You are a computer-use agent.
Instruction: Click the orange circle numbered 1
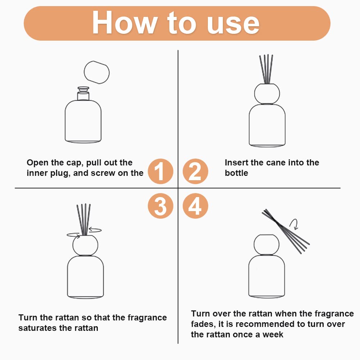tap(160, 171)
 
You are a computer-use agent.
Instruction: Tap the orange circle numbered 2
tap(195, 171)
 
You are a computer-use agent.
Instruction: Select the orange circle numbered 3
tap(160, 206)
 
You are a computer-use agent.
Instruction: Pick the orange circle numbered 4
tap(195, 206)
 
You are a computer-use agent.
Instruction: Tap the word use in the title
tap(233, 25)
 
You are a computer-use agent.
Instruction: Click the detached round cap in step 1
tap(97, 72)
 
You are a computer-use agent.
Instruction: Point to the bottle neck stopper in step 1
tap(83, 93)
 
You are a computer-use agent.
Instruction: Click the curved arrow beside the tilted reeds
tap(294, 223)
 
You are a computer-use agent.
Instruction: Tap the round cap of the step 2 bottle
tap(267, 94)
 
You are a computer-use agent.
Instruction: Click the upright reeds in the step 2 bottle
tap(266, 69)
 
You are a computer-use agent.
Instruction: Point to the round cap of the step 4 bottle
tap(266, 245)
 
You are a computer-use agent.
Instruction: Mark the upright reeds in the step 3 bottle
tap(84, 219)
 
